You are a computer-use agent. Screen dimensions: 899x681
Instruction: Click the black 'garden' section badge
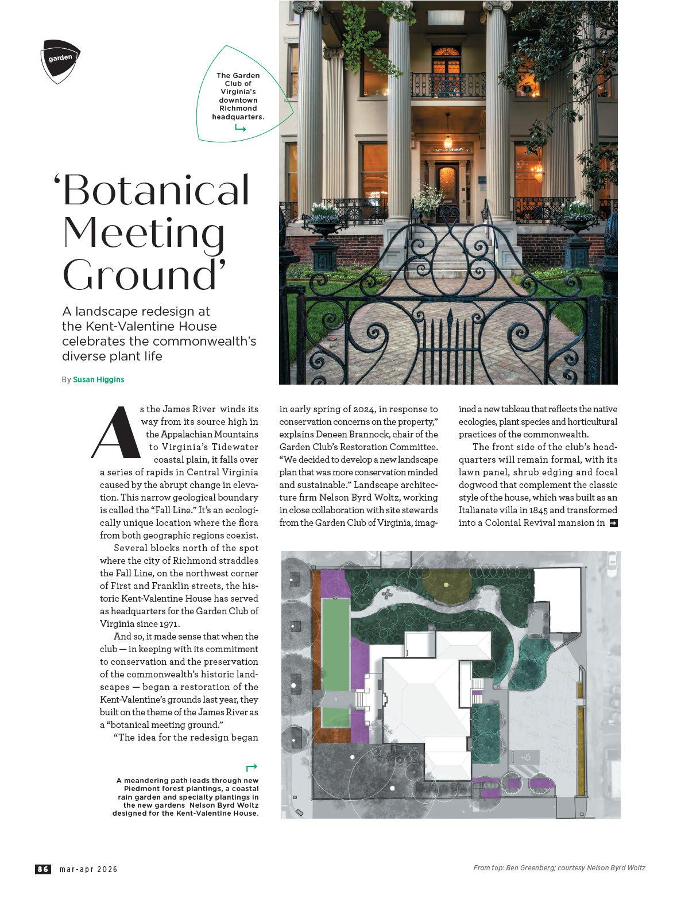(60, 60)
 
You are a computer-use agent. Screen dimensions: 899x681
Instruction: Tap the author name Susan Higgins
(99, 379)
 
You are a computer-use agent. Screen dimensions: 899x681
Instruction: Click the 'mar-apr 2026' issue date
(89, 869)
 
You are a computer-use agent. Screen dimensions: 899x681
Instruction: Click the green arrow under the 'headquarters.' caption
(240, 129)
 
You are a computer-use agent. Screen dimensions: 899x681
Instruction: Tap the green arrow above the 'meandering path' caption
(251, 767)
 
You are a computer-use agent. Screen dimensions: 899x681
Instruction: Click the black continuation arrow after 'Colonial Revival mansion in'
(613, 523)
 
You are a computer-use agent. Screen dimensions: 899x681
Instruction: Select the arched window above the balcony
(448, 59)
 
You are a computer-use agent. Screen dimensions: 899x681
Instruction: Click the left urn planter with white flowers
(324, 221)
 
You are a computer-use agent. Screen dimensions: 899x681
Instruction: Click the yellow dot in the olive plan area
(447, 585)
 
